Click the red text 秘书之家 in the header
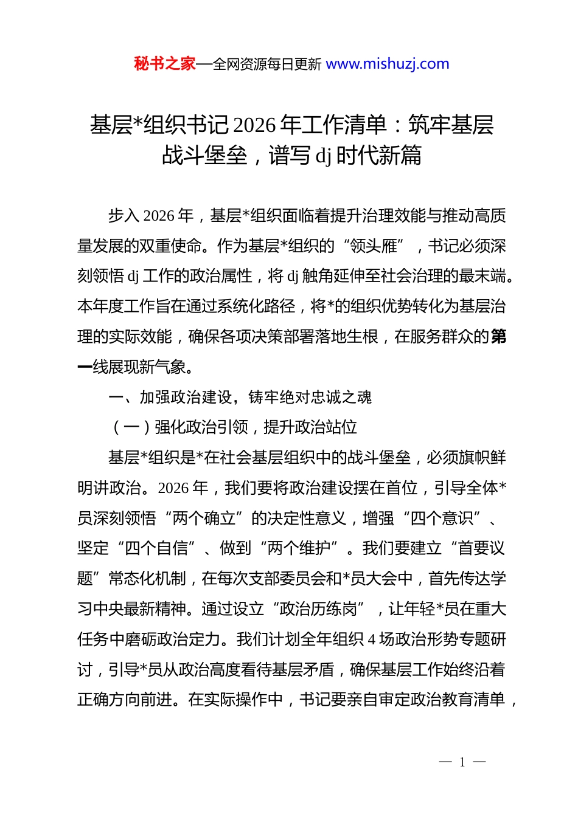click(165, 64)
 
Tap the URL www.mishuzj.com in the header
click(388, 64)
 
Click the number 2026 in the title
click(255, 125)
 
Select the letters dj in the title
click(322, 156)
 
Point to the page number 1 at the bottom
click(462, 762)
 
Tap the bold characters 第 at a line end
click(498, 337)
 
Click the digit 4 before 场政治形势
click(372, 639)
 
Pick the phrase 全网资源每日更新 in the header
click(266, 64)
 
